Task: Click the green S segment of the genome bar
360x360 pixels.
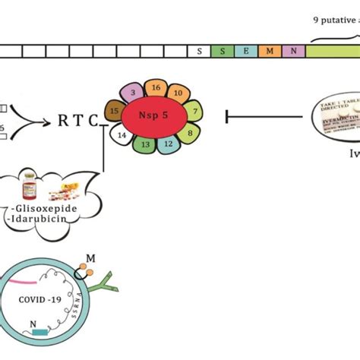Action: [223, 52]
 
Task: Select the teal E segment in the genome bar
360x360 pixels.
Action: [245, 52]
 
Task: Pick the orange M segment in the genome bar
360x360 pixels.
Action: [269, 52]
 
